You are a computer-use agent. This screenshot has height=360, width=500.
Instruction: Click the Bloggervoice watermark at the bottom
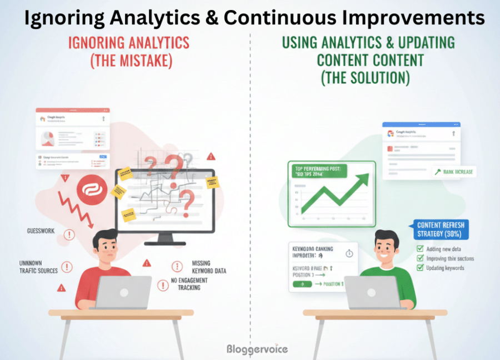257,349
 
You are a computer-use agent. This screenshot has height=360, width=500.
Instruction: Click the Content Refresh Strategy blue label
441,229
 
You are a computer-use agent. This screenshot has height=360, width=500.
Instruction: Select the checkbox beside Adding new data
421,249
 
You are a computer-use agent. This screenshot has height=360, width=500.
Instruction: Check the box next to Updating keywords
421,268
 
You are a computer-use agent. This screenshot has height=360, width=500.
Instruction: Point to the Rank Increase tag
453,172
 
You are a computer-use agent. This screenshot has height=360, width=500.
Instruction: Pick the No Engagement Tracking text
189,284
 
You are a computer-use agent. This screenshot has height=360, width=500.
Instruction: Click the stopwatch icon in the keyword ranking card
349,253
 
